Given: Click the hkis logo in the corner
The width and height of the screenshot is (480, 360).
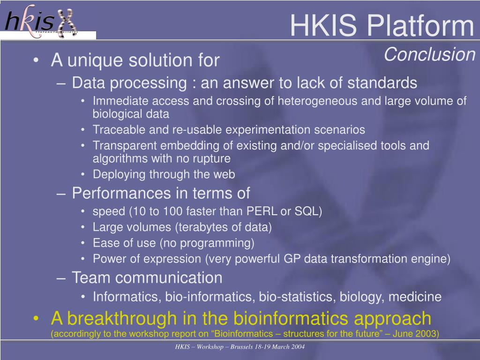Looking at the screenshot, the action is pos(41,21).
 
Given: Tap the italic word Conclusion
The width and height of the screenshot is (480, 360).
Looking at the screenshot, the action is pos(429,54).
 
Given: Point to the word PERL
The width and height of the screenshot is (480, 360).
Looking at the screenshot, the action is pos(262,211).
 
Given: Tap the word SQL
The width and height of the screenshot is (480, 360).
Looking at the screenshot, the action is pos(307,211).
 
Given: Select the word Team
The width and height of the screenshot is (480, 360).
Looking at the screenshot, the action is pos(91,277).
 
